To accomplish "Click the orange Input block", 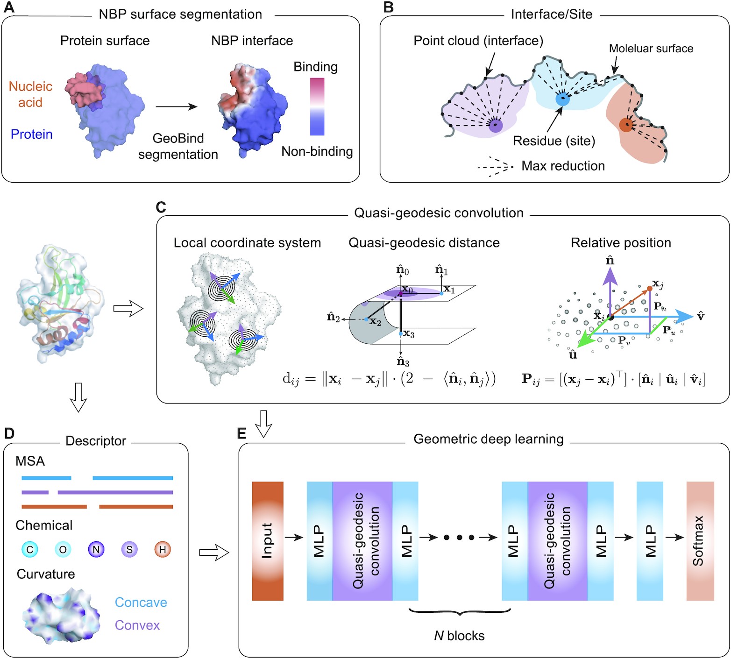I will (268, 541).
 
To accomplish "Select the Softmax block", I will (700, 541).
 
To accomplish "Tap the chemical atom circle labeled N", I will (96, 550).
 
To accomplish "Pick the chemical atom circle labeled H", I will (163, 550).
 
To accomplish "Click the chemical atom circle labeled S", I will (129, 550).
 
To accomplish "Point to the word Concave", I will (141, 602).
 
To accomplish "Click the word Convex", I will (137, 625).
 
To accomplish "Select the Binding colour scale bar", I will (317, 106).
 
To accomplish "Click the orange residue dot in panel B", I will (626, 125).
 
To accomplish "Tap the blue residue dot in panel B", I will (562, 99).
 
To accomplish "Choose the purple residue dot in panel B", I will (496, 125).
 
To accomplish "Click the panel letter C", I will (161, 207).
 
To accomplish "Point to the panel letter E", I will (241, 433).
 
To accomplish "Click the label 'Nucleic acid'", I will (30, 94).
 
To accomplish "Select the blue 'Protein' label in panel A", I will (31, 135).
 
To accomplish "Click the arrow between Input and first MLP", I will (294, 538).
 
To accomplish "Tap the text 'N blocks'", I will (459, 636).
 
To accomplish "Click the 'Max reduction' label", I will (563, 166).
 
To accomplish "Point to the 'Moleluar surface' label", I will (651, 49).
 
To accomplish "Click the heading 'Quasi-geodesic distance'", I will (424, 243).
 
